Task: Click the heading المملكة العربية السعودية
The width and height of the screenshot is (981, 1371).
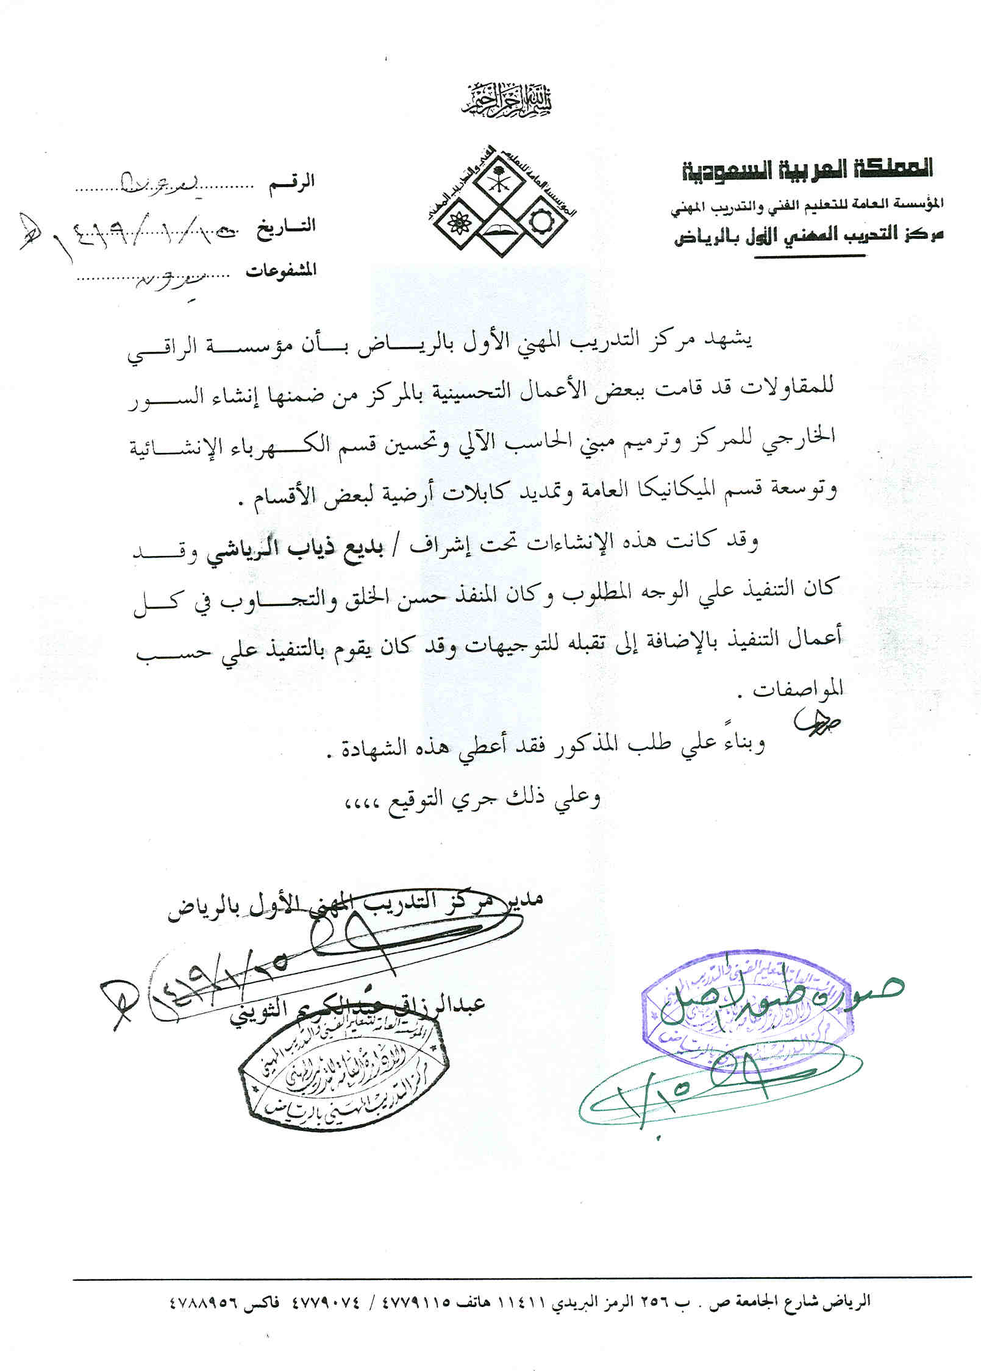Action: pyautogui.click(x=807, y=169)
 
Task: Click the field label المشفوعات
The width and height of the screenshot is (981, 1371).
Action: pyautogui.click(x=281, y=271)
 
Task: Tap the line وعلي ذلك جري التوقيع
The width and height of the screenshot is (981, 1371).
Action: pyautogui.click(x=475, y=798)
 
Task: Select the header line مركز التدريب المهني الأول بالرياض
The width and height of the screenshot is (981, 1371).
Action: pyautogui.click(x=808, y=237)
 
